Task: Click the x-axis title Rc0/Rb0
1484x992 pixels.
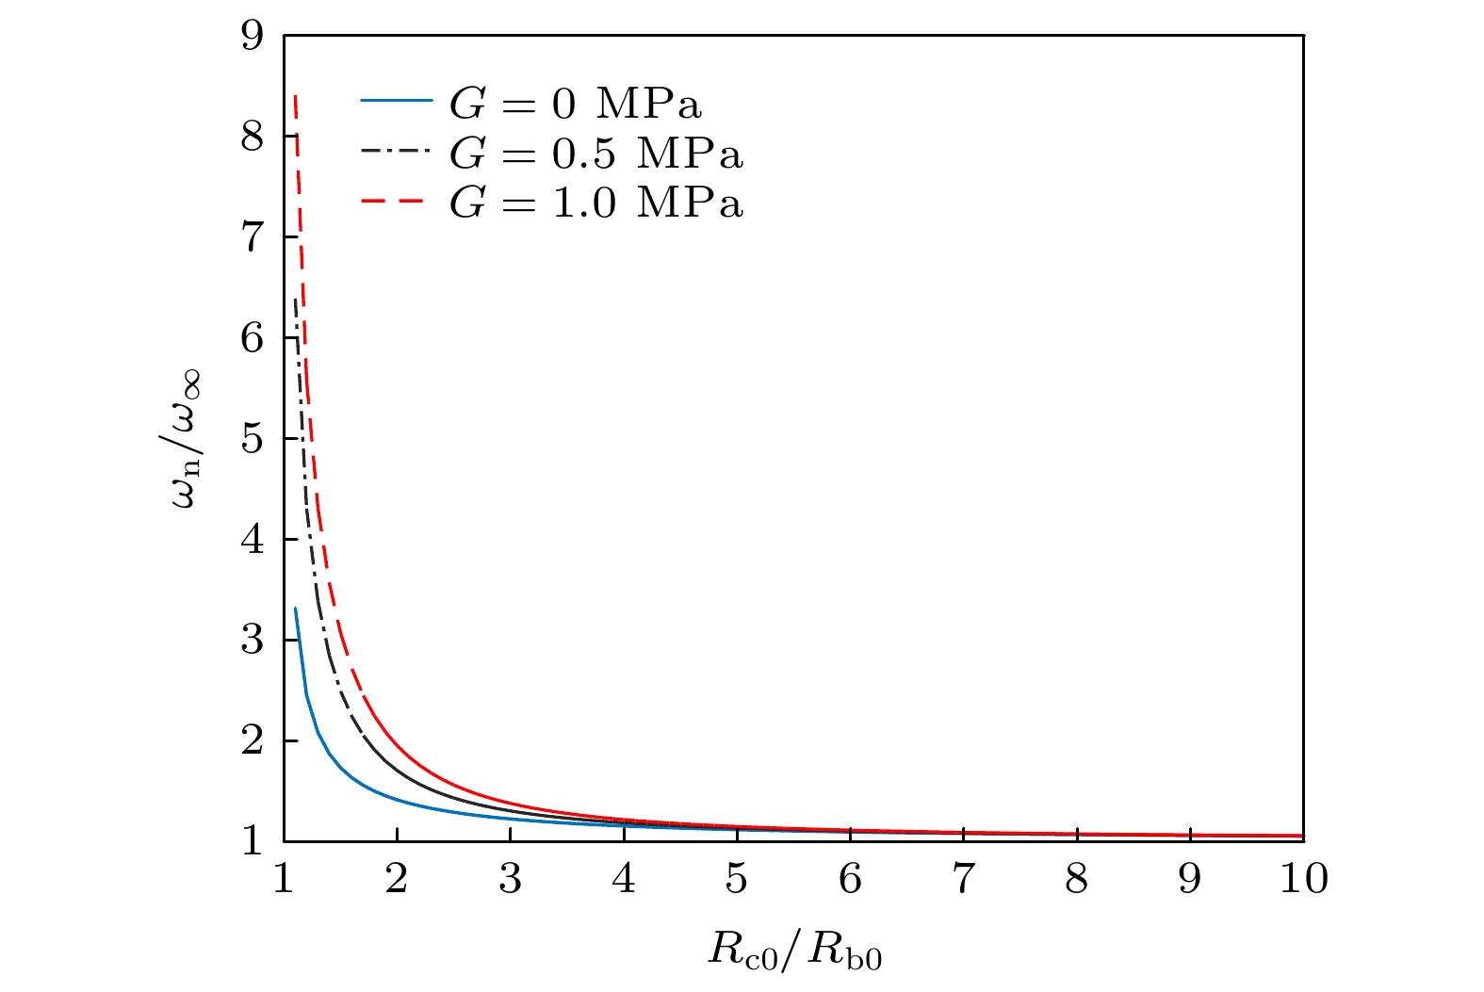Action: (794, 951)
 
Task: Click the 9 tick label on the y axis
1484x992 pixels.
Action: (253, 37)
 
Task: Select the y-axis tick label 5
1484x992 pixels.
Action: (253, 439)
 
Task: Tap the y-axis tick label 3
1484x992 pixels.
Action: (253, 641)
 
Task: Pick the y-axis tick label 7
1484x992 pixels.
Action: (253, 237)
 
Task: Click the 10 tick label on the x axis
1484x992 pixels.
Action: (1303, 879)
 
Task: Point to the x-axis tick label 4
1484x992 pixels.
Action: (624, 879)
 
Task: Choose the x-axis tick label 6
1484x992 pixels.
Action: (850, 879)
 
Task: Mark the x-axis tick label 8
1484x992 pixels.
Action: (1077, 879)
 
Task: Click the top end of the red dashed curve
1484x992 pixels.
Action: (296, 95)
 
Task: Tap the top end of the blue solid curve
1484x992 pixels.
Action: (296, 609)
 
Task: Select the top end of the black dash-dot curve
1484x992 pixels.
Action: (296, 300)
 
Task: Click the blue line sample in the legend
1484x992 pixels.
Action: (396, 100)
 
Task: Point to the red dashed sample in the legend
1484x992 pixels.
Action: (396, 198)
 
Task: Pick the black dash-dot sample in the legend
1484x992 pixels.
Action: (396, 149)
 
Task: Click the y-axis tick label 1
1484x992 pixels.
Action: (253, 841)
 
